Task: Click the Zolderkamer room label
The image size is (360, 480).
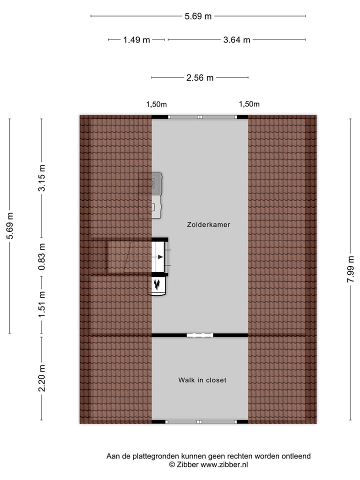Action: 208,225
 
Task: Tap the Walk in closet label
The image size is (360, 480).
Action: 202,380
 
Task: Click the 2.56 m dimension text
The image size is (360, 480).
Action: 199,77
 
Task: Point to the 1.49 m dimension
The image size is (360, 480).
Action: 136,40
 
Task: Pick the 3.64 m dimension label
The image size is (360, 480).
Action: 236,40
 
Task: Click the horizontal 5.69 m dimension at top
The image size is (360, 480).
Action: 198,16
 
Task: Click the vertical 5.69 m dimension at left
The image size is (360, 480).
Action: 9,226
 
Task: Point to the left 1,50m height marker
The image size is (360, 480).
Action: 156,104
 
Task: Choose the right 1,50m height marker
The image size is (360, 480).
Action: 249,104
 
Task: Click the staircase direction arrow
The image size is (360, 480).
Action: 159,257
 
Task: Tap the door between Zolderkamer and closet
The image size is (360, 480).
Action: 200,335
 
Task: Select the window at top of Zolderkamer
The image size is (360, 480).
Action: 202,117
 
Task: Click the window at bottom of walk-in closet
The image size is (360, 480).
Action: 202,422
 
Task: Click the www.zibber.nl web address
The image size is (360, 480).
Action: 224,464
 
